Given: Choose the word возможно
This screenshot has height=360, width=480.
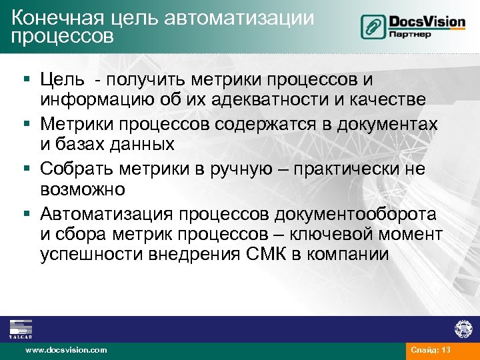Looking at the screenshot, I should point(82,189).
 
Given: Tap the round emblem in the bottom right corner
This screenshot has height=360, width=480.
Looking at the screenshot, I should point(463,329).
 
